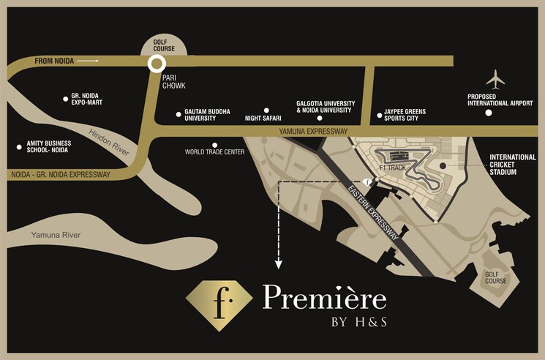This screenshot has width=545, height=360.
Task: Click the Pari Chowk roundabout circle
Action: [155, 64]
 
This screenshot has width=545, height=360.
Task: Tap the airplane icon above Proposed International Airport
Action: [496, 78]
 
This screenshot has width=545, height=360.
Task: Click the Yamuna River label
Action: [56, 235]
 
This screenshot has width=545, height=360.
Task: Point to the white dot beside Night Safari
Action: [266, 110]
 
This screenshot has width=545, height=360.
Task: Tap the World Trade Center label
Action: [214, 152]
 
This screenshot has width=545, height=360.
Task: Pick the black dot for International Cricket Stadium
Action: [442, 165]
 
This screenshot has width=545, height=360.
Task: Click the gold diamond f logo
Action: [219, 301]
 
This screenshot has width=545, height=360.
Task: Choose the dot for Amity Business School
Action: [19, 147]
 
